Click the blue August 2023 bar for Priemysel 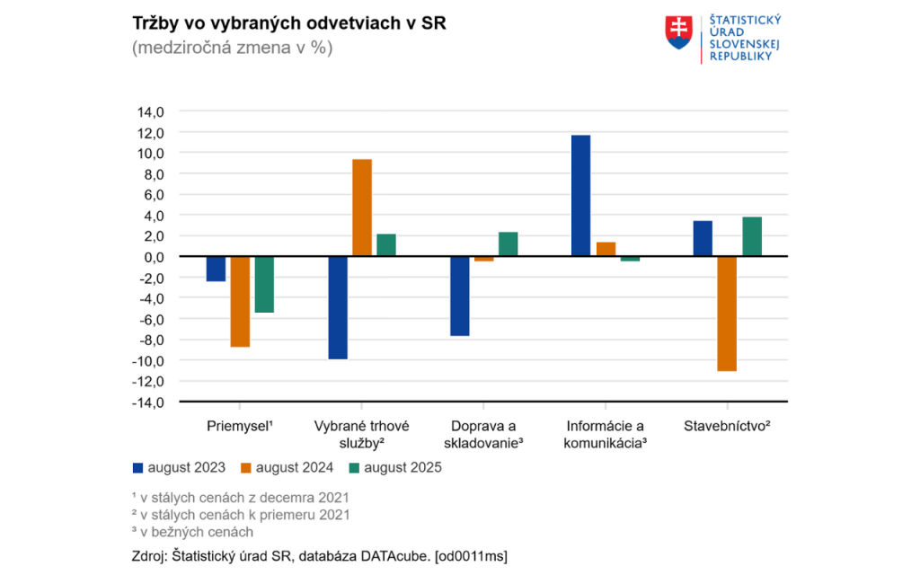tap(216, 269)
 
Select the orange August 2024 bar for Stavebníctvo tap(727, 314)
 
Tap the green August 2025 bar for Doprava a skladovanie tap(508, 244)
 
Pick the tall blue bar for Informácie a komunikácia tap(580, 196)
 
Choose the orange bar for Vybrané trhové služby tap(362, 208)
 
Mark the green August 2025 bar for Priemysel tap(264, 284)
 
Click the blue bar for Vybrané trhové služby tap(338, 307)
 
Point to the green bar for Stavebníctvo tap(752, 237)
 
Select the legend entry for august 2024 tap(287, 467)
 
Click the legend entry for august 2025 tap(394, 467)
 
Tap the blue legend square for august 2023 tap(137, 467)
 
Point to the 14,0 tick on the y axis tap(151, 112)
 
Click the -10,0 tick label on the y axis tap(149, 360)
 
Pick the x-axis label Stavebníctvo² tap(727, 426)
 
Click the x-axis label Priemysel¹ tap(240, 426)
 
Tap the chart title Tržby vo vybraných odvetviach tap(288, 23)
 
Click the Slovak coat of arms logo tap(678, 31)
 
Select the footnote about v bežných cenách tap(192, 532)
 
